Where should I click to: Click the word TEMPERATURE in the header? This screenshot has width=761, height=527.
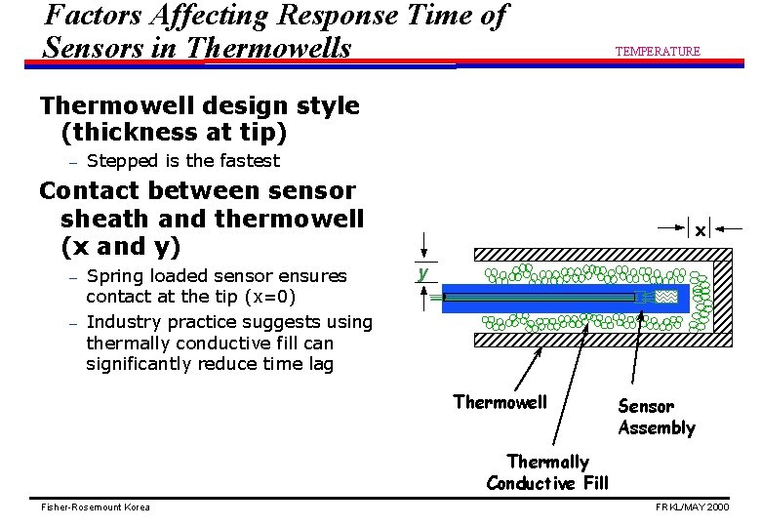point(657,51)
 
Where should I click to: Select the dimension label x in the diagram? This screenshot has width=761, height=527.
point(700,231)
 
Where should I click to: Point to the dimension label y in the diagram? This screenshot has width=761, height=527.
point(423,273)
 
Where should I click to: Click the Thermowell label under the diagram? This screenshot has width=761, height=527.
point(501,401)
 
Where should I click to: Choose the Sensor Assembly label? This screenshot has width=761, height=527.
point(657,417)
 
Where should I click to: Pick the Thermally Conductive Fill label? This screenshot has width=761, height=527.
point(547,472)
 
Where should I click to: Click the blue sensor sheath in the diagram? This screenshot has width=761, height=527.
point(546,297)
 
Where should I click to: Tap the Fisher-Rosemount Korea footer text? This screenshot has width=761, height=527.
point(95,507)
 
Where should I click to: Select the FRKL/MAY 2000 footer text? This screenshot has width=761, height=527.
point(693,507)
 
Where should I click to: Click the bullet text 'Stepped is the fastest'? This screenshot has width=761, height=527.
point(183,161)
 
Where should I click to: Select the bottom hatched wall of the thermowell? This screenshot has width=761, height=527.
point(585,340)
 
